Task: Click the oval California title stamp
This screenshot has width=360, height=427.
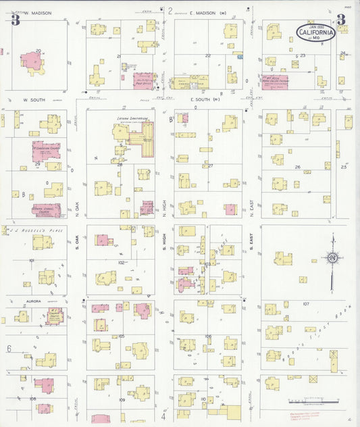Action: [x=316, y=32]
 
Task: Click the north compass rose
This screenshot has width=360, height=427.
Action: [x=332, y=257]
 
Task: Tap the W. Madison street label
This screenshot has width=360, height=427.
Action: [x=40, y=11]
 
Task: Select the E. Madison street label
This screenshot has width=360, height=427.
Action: [x=203, y=11]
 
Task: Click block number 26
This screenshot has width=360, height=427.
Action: [x=297, y=166]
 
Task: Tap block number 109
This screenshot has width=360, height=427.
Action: [x=122, y=400]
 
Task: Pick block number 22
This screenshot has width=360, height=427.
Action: [x=207, y=55]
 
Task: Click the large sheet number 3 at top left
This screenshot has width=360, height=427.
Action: [x=15, y=20]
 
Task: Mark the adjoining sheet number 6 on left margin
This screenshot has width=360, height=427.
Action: [x=9, y=349]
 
